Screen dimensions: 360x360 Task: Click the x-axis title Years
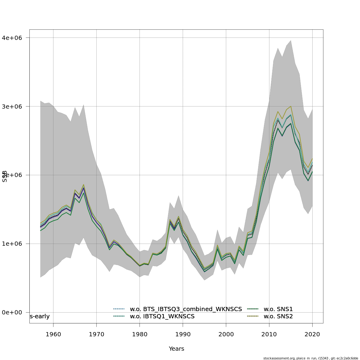[x=176, y=349]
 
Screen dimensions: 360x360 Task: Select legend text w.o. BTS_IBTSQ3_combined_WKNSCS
[x=186, y=309]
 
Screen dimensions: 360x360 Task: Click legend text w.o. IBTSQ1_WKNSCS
[x=162, y=316]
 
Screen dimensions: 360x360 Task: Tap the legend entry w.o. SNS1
[x=278, y=309]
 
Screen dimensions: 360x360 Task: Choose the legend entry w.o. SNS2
[x=278, y=316]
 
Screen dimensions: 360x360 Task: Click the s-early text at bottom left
[x=40, y=316]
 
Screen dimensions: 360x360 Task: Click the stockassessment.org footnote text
[x=311, y=358]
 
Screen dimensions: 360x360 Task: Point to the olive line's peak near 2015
[x=291, y=106]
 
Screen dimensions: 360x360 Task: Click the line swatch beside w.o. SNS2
[x=253, y=316]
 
